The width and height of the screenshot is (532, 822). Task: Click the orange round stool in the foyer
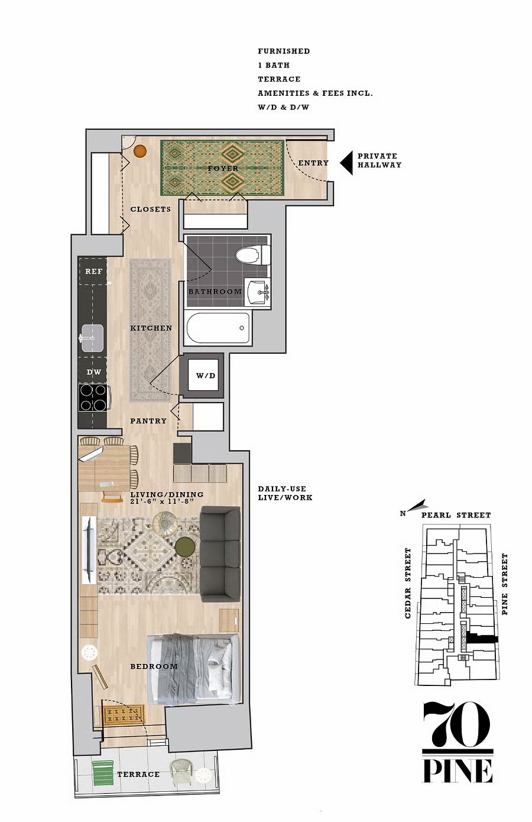[x=140, y=151]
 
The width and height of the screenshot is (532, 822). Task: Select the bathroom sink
[x=257, y=292]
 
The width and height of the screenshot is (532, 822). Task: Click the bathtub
[x=218, y=328]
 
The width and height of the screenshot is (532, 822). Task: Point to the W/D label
[x=206, y=376]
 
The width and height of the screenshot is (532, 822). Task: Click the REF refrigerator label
[x=93, y=271]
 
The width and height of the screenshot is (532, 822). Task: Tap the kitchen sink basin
[x=92, y=338]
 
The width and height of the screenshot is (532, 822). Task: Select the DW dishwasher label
[x=93, y=372]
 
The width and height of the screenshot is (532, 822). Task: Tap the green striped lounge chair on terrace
[x=103, y=772]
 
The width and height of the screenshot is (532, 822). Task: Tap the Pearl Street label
[x=456, y=515]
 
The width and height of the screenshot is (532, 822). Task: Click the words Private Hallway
[x=379, y=160]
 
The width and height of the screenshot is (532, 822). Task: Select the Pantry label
[x=148, y=421]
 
